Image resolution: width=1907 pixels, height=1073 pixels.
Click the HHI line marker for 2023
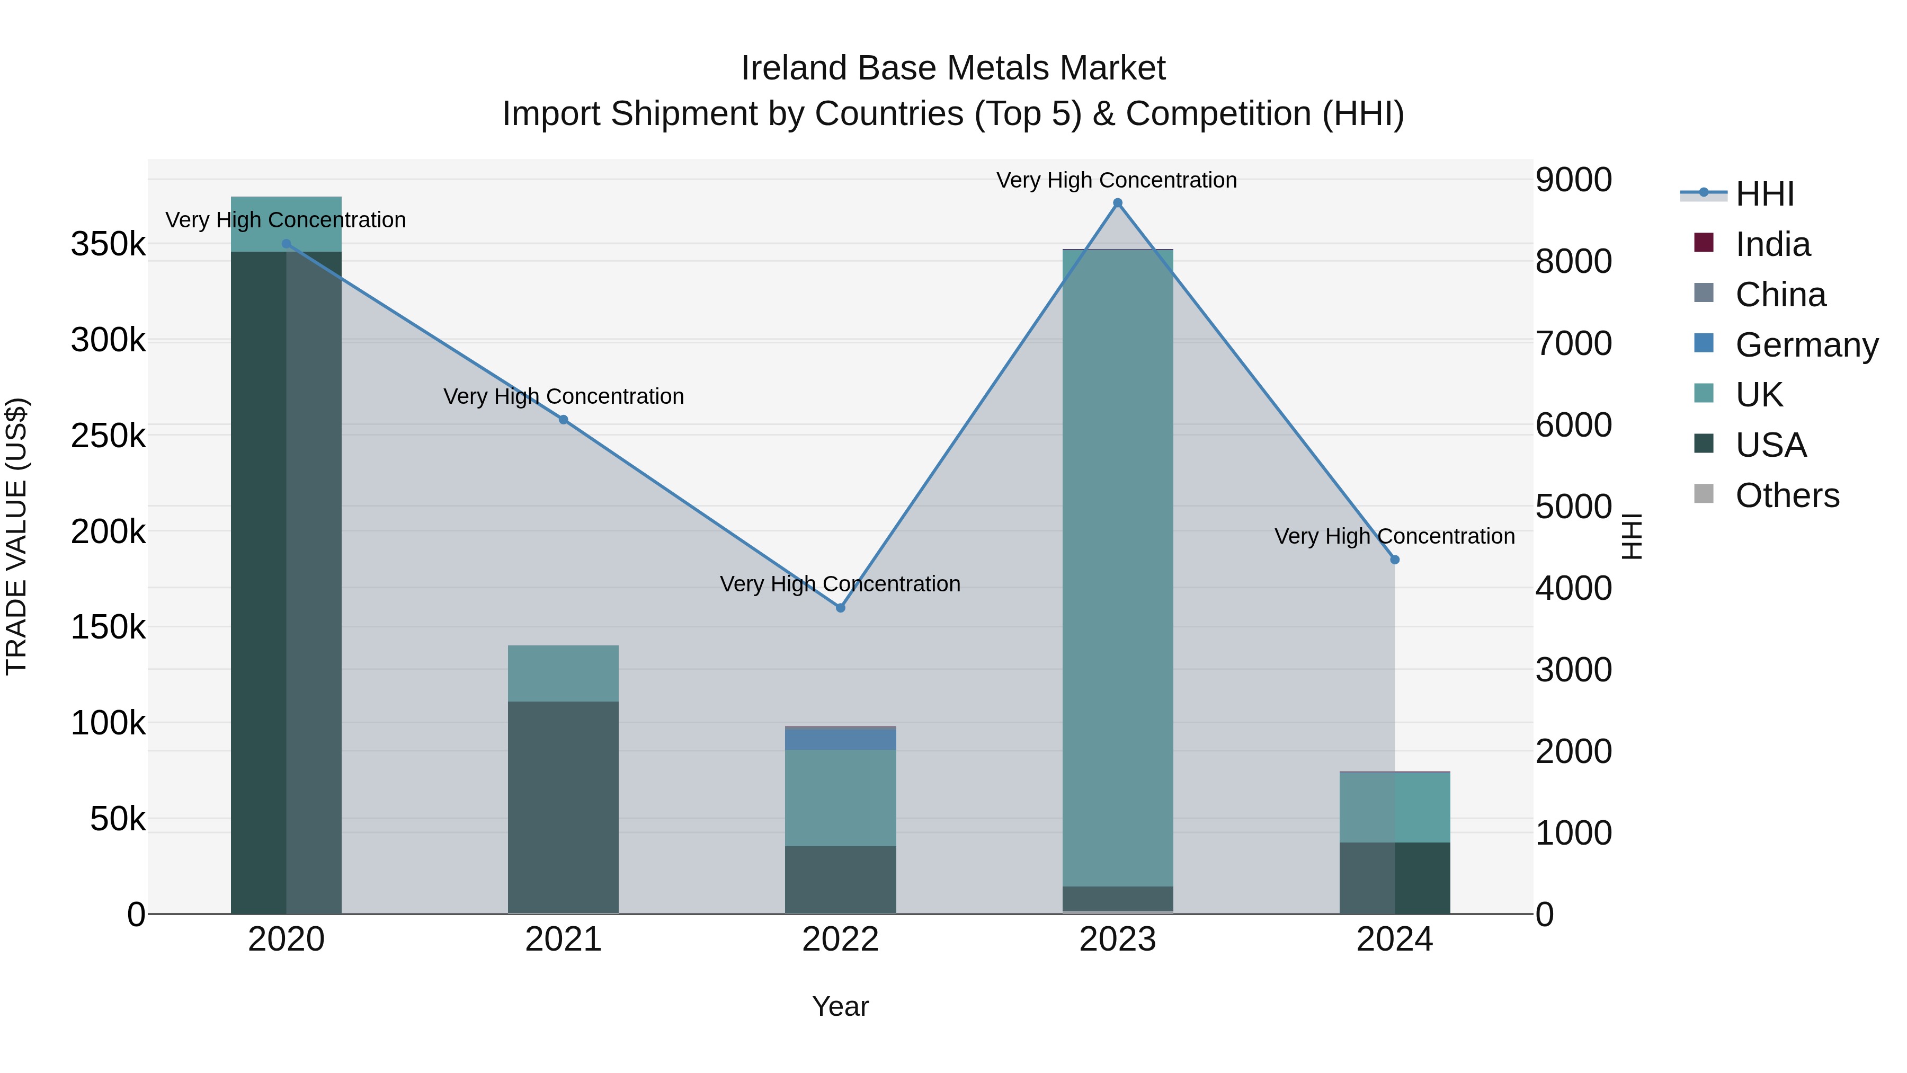(1117, 203)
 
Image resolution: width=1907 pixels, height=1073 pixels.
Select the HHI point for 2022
(840, 607)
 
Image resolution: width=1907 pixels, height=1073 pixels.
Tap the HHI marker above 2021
(564, 420)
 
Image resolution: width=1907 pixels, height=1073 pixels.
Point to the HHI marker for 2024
(1395, 560)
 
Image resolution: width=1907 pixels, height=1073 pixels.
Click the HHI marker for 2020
(287, 244)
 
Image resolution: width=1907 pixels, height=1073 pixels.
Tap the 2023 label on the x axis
(1117, 939)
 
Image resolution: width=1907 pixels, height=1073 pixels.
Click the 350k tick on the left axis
(108, 244)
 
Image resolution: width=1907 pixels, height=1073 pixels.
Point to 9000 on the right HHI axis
(1573, 180)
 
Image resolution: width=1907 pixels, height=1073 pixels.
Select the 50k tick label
(118, 819)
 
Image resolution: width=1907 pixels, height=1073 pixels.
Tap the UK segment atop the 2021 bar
(564, 673)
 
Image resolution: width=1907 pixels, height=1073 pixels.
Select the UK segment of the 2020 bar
(287, 224)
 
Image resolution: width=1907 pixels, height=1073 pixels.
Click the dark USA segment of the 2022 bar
(840, 880)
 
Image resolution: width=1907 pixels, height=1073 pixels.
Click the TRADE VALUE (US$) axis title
(16, 536)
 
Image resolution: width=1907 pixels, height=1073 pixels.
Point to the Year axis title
(840, 1006)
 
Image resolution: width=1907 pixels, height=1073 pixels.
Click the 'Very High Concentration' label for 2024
(1395, 536)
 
